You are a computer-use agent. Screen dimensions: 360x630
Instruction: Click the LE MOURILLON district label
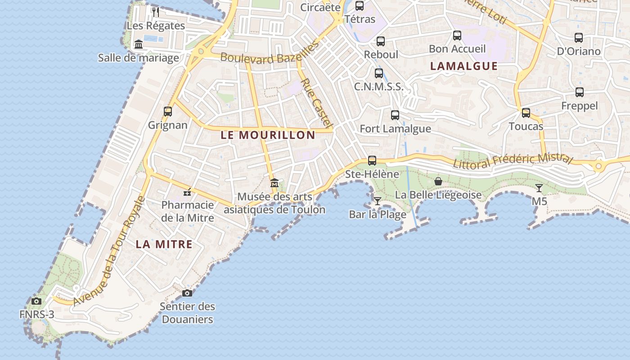268,135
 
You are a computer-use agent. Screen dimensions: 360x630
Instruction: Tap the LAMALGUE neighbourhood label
464,66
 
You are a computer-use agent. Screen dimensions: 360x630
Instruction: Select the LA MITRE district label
164,244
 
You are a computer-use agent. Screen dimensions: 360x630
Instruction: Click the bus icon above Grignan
168,111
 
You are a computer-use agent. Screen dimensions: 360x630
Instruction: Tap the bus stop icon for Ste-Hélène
372,160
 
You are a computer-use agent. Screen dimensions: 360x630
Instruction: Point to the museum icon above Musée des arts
274,183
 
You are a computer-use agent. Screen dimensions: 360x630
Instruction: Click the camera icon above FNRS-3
36,301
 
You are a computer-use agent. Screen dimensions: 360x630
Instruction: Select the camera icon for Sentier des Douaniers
187,293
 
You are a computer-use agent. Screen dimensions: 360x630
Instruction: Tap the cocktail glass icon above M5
539,188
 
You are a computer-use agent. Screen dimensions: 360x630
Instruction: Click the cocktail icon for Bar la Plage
378,201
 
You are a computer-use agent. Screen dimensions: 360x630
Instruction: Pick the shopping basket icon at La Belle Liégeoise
438,181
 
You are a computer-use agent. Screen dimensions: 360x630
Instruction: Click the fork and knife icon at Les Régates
156,12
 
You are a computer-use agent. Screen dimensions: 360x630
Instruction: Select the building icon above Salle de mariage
139,44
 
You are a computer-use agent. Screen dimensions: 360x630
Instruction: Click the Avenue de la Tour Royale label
109,252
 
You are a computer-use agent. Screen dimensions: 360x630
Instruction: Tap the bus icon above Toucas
526,112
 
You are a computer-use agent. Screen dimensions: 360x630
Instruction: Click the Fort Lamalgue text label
395,129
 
